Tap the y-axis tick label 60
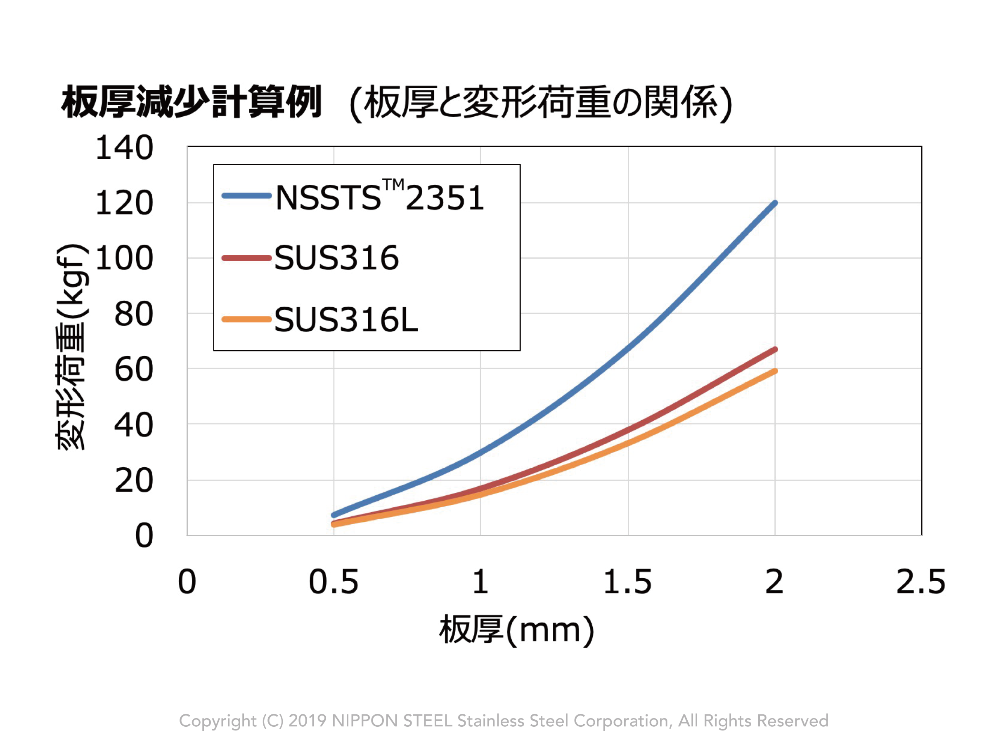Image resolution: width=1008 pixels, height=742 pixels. pyautogui.click(x=134, y=370)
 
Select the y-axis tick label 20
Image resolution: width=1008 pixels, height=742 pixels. pyautogui.click(x=134, y=481)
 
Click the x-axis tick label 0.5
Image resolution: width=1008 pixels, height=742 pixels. pyautogui.click(x=334, y=582)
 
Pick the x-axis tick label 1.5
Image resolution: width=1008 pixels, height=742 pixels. pyautogui.click(x=627, y=582)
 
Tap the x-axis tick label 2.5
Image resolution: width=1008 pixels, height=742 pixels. pyautogui.click(x=921, y=582)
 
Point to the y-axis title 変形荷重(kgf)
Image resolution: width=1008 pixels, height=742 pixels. pyautogui.click(x=71, y=346)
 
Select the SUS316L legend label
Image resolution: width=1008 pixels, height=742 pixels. pyautogui.click(x=346, y=320)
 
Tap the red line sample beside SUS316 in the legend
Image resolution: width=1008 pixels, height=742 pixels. pyautogui.click(x=247, y=258)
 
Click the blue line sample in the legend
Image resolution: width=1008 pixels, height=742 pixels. pyautogui.click(x=247, y=196)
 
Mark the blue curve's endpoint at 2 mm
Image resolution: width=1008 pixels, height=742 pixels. pyautogui.click(x=775, y=203)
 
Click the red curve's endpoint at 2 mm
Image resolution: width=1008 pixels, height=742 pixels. pyautogui.click(x=775, y=349)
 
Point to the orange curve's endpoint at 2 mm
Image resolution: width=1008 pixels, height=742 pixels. pyautogui.click(x=775, y=371)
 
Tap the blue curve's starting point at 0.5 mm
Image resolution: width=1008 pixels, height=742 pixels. pyautogui.click(x=334, y=515)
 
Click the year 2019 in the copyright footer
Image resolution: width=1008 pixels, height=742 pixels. pyautogui.click(x=307, y=721)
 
